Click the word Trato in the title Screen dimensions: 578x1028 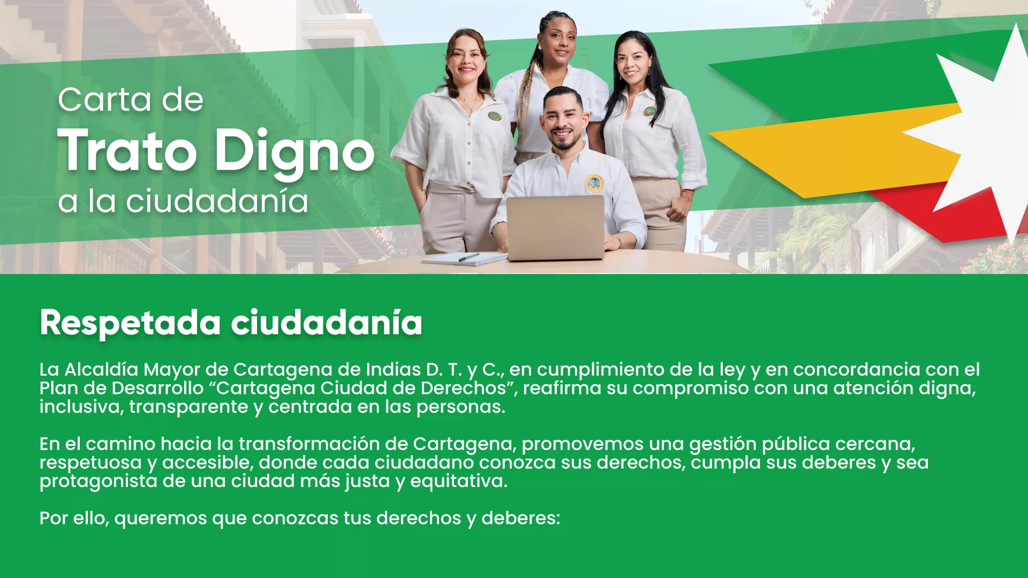pyautogui.click(x=127, y=151)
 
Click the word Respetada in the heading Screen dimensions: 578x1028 pyautogui.click(x=130, y=323)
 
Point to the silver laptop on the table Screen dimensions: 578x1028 pyautogui.click(x=555, y=227)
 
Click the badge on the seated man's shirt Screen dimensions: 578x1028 pyautogui.click(x=593, y=184)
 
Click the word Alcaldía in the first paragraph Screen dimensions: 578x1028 pyautogui.click(x=101, y=370)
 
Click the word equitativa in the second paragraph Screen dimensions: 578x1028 pyautogui.click(x=458, y=482)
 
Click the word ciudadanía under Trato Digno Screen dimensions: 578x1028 pyautogui.click(x=217, y=202)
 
